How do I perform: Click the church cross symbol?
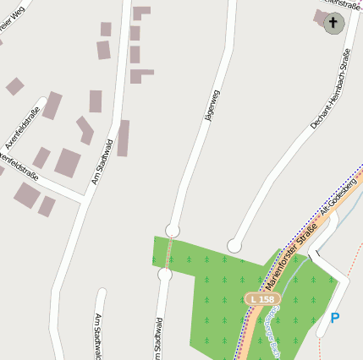tap(333, 23)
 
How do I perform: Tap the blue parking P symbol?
tap(335, 318)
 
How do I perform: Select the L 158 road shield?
tap(262, 299)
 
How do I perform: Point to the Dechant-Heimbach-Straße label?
tap(331, 90)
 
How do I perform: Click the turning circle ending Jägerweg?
tap(173, 230)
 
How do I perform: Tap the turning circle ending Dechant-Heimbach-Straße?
tap(234, 245)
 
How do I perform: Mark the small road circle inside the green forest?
tap(165, 275)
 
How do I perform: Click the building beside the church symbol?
tap(320, 17)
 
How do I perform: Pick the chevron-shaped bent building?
tap(85, 129)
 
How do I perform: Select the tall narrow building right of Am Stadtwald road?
tap(123, 138)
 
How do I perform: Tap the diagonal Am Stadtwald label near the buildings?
tap(101, 161)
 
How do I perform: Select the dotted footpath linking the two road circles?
tap(169, 252)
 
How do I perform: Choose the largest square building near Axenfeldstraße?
tap(68, 161)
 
